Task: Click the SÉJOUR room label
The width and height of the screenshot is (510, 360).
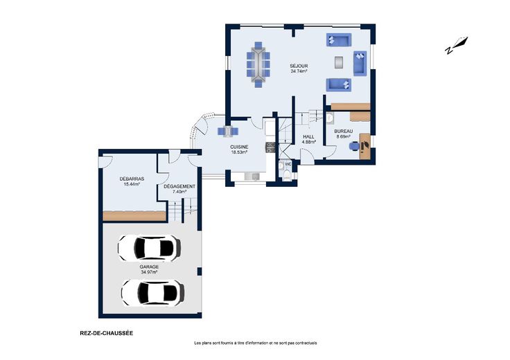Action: [x=299, y=66]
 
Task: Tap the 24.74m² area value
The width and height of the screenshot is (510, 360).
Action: [x=299, y=71]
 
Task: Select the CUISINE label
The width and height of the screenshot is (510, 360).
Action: [x=239, y=147]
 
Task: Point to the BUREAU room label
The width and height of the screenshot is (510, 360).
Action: [x=344, y=132]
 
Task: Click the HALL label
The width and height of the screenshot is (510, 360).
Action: [x=308, y=137]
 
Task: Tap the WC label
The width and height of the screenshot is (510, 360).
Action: [x=288, y=164]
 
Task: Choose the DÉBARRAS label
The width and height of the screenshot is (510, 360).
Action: [x=132, y=179]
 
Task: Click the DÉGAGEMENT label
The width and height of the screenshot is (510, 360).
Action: [x=179, y=186]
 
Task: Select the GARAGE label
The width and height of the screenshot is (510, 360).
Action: [x=149, y=267]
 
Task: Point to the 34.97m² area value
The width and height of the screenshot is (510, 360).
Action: [x=149, y=272]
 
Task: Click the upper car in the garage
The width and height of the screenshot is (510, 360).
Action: [x=149, y=248]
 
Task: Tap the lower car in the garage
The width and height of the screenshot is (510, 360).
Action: [x=153, y=293]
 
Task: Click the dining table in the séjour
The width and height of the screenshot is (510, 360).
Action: [x=258, y=64]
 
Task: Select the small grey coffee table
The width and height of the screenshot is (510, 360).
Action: [x=339, y=62]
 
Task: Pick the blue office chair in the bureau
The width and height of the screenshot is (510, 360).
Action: [x=354, y=146]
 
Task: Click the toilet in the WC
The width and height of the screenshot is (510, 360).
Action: [x=287, y=174]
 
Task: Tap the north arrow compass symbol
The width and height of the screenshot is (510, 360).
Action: [x=456, y=45]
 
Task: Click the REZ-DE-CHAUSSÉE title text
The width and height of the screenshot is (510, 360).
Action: [x=106, y=333]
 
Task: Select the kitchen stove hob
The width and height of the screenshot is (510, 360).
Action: [x=271, y=147]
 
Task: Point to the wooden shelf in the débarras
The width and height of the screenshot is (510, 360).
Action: [x=134, y=216]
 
